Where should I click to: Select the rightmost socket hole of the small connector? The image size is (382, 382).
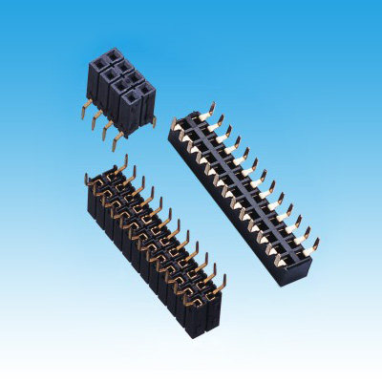pyautogui.click(x=145, y=90)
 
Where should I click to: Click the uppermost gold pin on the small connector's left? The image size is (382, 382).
pyautogui.click(x=86, y=107)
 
